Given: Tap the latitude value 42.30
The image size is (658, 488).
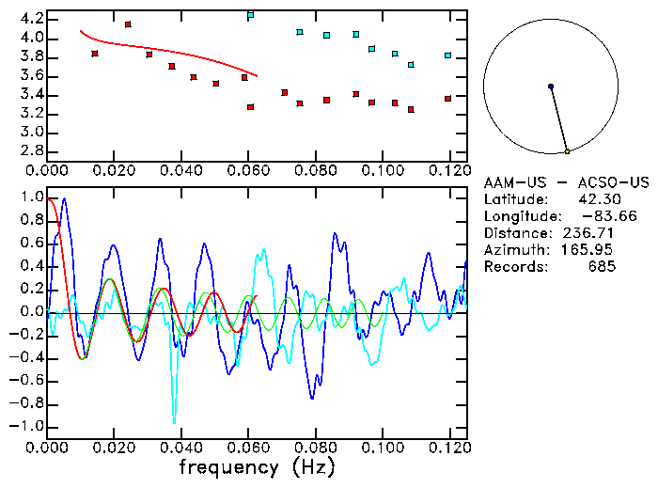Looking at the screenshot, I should [x=597, y=199].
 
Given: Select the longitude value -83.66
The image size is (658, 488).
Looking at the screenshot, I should [x=593, y=216].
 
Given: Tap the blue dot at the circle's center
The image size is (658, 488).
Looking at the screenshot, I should [x=551, y=87].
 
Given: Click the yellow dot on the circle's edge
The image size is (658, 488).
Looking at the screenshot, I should [x=567, y=151].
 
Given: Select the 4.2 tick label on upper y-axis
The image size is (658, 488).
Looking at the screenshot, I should [x=31, y=19].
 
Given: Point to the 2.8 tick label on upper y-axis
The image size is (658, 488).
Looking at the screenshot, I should [x=31, y=150].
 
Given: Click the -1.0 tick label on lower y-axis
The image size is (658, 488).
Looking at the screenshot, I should [x=28, y=426].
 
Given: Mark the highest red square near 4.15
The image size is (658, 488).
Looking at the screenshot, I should [x=128, y=24].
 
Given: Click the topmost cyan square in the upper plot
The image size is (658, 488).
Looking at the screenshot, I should [x=250, y=15].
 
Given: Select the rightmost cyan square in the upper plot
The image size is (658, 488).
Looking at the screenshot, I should [x=448, y=55].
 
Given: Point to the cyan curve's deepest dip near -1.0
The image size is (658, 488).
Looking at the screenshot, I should [x=174, y=423].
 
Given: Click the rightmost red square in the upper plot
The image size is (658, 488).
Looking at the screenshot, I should [x=448, y=99].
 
